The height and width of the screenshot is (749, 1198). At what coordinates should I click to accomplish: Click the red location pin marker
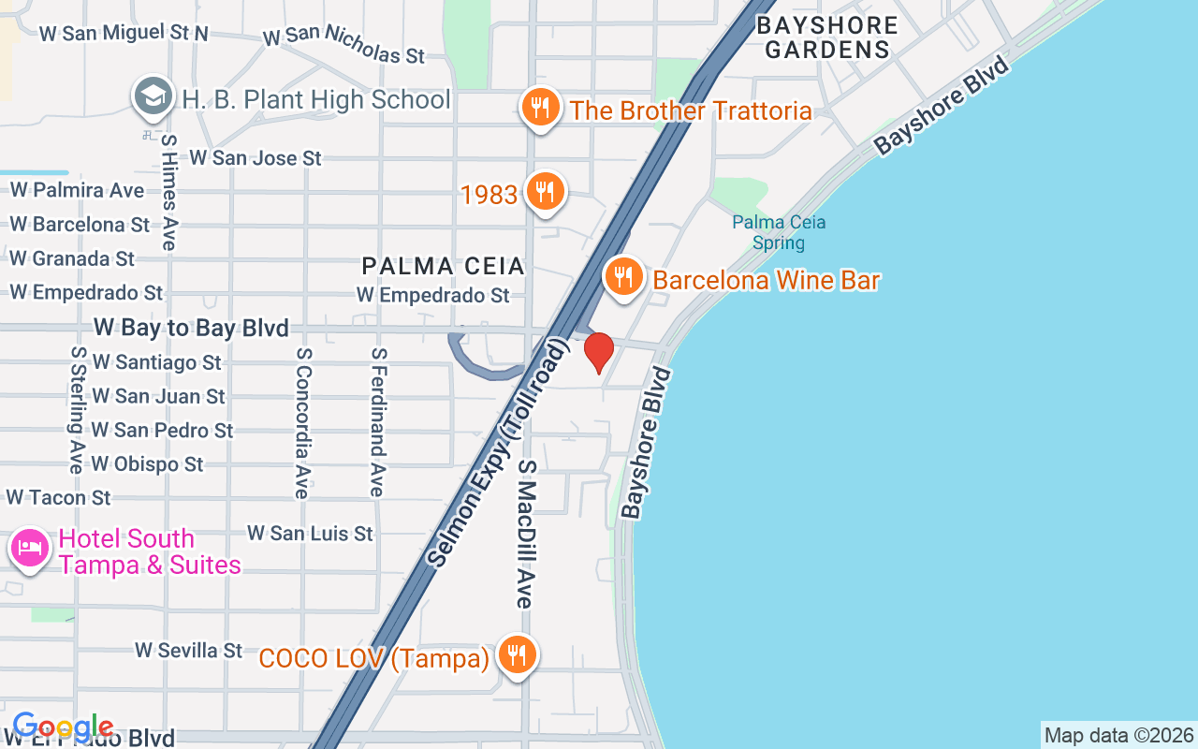coord(599,352)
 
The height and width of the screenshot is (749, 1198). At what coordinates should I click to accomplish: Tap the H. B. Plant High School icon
coord(153,97)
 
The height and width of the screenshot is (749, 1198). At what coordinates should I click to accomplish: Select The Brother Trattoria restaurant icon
coord(540,108)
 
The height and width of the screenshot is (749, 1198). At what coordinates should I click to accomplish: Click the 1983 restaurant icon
coord(544,192)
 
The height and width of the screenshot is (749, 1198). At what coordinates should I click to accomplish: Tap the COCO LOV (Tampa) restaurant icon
coord(516,655)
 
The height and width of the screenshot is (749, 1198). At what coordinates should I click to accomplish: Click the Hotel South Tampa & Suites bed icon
coord(30,548)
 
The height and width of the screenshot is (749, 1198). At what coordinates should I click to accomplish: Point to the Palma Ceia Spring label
coord(779,232)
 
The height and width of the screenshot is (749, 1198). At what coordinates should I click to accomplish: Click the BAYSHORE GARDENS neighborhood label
coord(826,37)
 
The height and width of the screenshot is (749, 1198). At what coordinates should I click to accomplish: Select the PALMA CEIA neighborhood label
coord(444,267)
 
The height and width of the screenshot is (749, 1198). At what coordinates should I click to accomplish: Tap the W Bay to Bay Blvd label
coord(191,328)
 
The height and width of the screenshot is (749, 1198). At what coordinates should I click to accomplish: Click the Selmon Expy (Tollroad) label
coord(498,454)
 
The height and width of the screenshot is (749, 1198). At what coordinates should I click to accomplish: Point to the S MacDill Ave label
coord(526,534)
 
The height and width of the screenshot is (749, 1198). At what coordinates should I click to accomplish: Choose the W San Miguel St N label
coord(124,33)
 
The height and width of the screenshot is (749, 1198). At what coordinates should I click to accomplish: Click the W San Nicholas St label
coord(343,45)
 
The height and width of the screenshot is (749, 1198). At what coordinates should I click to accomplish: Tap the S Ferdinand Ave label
coord(377,421)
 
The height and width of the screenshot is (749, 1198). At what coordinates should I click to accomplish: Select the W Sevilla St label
coord(189,650)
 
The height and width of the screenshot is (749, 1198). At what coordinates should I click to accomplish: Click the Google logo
coord(63,727)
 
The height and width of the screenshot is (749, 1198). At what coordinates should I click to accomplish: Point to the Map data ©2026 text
coord(1118,736)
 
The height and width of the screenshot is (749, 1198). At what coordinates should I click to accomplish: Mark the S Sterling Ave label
coord(77,409)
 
